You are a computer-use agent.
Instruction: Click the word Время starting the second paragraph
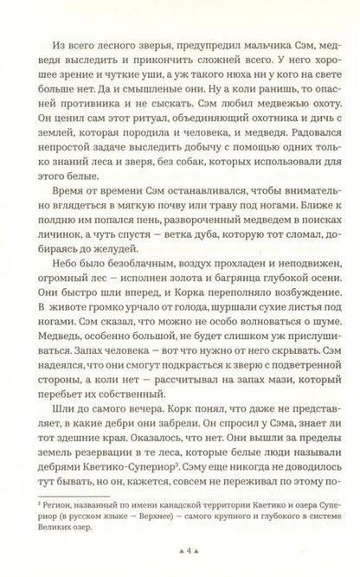(73, 209)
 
